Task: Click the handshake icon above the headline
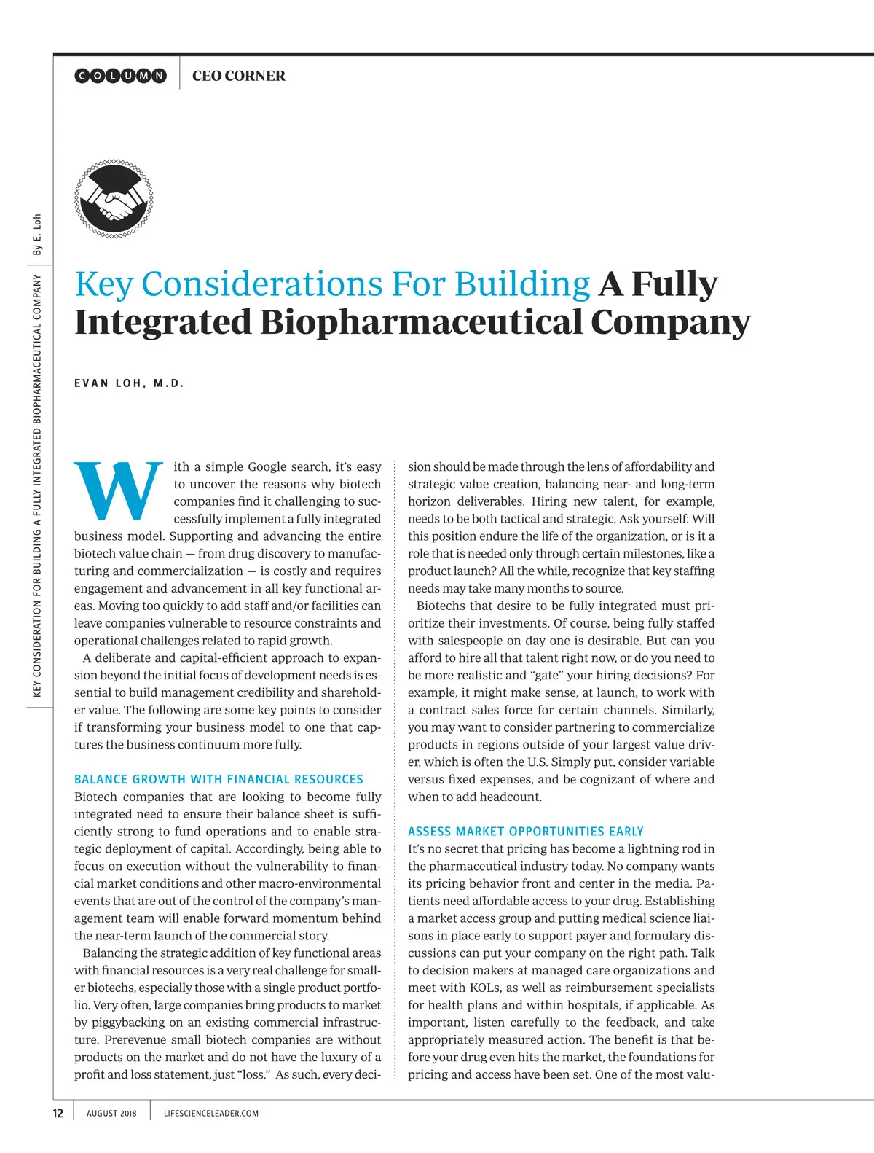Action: [x=114, y=199]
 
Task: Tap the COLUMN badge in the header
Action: [x=121, y=76]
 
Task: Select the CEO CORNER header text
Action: [x=238, y=76]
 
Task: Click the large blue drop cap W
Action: [x=119, y=491]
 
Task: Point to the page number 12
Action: [x=58, y=1113]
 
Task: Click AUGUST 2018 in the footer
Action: [x=111, y=1113]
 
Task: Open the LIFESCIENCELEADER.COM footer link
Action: [x=211, y=1113]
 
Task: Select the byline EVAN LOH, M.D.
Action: [x=129, y=383]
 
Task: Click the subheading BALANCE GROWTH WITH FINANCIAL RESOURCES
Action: [x=219, y=779]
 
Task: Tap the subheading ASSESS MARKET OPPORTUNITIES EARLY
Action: [x=525, y=832]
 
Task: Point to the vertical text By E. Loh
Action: [x=37, y=235]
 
